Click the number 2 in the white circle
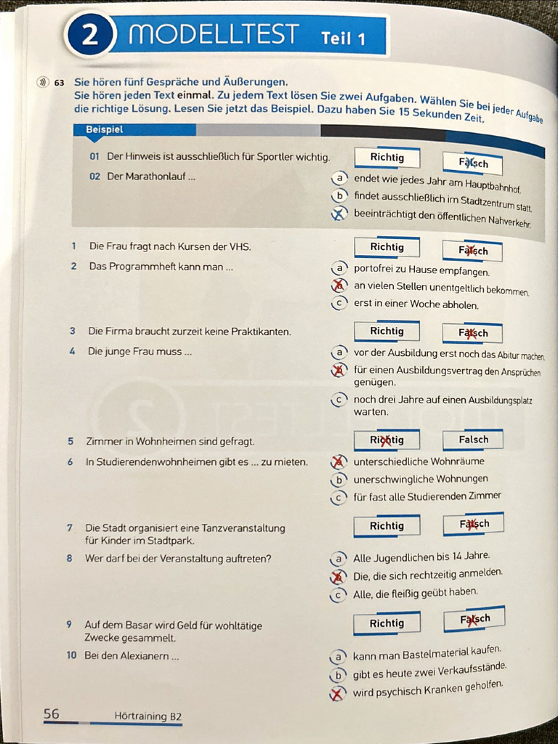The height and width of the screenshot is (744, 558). (x=89, y=36)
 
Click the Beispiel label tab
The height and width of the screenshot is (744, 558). (x=105, y=129)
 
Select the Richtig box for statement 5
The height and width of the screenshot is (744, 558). (x=387, y=440)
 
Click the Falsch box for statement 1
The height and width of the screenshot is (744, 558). (x=473, y=251)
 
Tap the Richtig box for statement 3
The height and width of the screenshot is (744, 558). (x=387, y=331)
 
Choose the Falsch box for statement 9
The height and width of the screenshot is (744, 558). (x=474, y=620)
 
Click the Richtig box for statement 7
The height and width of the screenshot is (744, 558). (x=387, y=526)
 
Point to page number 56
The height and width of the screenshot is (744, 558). (x=52, y=714)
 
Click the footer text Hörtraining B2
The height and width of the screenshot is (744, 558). (x=147, y=716)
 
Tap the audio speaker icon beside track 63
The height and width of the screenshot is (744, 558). (x=43, y=83)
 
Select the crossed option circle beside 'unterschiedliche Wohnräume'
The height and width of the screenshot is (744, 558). (x=338, y=462)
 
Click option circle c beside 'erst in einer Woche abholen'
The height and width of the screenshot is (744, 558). (x=338, y=304)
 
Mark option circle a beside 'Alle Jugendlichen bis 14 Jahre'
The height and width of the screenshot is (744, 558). (x=337, y=559)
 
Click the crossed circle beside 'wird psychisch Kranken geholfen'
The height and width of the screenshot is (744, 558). (x=336, y=694)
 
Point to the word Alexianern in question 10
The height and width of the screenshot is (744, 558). (x=145, y=656)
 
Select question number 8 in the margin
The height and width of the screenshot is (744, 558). (x=70, y=559)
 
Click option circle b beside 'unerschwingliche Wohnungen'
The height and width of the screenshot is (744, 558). (x=338, y=480)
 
